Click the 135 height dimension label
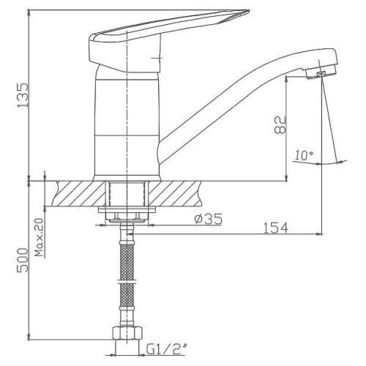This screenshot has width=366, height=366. [x=23, y=95]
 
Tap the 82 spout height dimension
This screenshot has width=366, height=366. [x=280, y=124]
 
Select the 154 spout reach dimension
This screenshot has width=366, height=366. [x=276, y=228]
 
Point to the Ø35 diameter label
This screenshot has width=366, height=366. [x=209, y=219]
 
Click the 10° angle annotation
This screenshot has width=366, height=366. [x=304, y=155]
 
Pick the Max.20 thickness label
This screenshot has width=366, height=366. [x=39, y=237]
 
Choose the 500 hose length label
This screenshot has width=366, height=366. [x=23, y=260]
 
